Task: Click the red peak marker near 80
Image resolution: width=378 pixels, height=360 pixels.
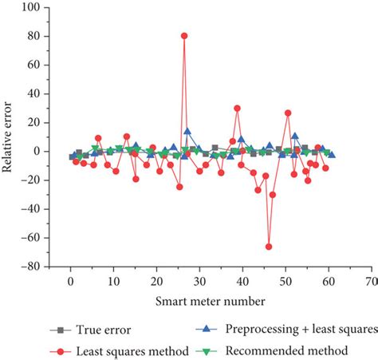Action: coord(184,36)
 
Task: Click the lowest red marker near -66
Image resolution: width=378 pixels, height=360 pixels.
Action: coord(269,247)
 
